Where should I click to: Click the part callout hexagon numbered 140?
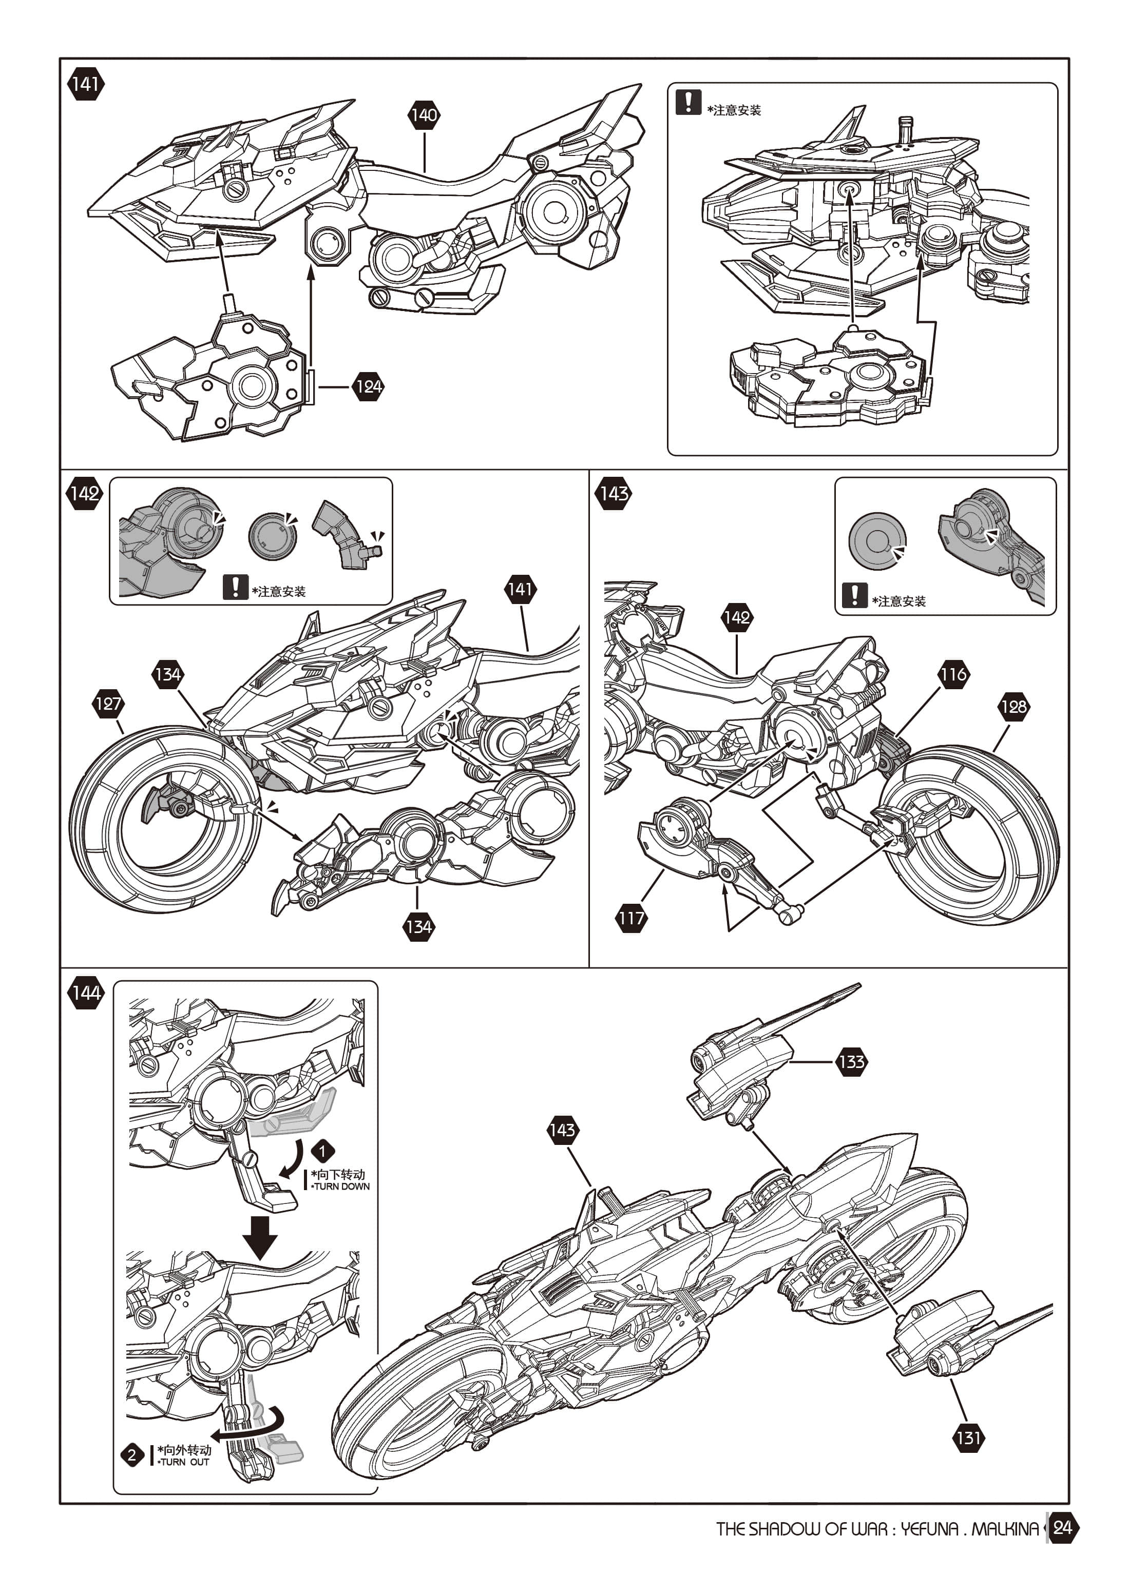pos(424,115)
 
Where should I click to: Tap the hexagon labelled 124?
pos(368,387)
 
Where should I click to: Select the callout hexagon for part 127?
pos(108,704)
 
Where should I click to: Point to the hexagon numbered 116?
pos(953,674)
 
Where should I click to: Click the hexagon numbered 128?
pos(1014,707)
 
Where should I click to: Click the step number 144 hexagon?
pos(85,993)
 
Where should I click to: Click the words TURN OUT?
pos(184,1462)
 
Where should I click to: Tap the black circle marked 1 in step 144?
pos(322,1151)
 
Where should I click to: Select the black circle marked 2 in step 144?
pos(132,1454)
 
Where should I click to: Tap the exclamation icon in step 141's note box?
pos(687,102)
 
